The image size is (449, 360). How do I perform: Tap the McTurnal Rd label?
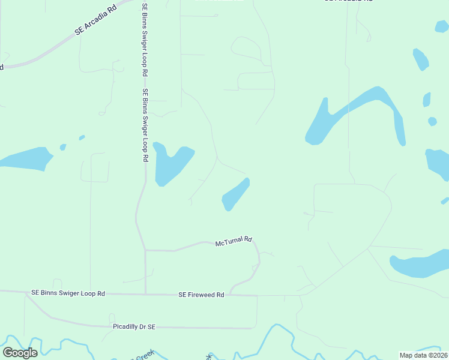click(x=233, y=241)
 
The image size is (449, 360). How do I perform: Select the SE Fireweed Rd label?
click(x=201, y=295)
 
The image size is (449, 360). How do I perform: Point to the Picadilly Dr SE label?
click(x=134, y=326)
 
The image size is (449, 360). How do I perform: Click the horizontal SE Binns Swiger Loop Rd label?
click(x=68, y=293)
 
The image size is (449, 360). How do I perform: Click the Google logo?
click(x=20, y=353)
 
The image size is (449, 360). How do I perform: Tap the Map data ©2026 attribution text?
click(x=424, y=355)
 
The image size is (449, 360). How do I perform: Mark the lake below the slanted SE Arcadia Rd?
click(x=24, y=158)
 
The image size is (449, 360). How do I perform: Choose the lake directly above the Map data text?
click(x=417, y=266)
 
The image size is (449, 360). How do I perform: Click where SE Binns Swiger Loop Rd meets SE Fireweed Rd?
click(x=145, y=294)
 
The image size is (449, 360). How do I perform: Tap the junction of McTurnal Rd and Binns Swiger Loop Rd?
click(x=145, y=250)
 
